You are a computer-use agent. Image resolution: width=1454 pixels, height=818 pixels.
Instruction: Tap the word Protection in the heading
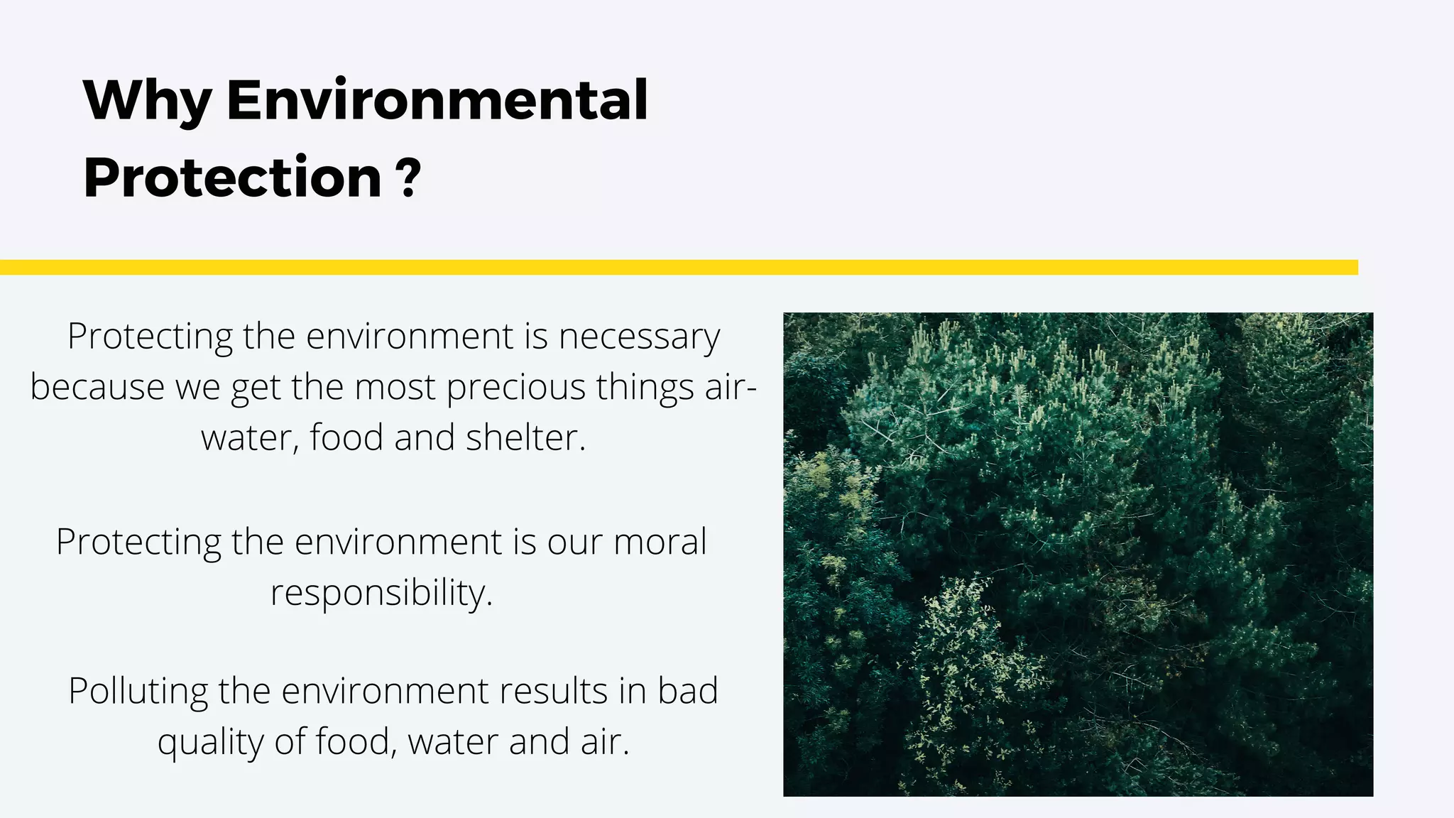click(233, 177)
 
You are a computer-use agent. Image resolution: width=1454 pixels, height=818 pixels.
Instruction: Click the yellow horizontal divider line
click(679, 267)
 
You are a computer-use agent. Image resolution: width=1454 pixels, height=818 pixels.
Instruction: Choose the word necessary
click(639, 337)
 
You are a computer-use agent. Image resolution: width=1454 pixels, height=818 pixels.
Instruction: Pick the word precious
click(515, 388)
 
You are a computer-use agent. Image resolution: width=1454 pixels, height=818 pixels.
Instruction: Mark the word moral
click(660, 542)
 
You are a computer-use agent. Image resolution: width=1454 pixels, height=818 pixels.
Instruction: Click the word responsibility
click(381, 593)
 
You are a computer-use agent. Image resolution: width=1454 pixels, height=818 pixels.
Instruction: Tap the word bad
click(687, 691)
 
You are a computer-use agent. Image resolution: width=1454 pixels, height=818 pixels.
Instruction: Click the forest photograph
click(1078, 554)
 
